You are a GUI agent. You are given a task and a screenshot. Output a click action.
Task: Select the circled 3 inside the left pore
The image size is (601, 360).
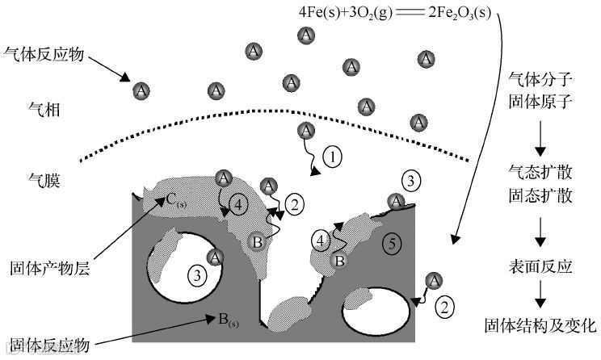[x=195, y=274]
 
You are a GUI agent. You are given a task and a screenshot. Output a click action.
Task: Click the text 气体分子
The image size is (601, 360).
[x=540, y=81]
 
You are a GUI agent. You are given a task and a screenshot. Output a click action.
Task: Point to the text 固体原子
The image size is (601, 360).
[x=540, y=102]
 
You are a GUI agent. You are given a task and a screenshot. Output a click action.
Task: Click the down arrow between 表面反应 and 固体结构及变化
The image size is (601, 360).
[x=540, y=298]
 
